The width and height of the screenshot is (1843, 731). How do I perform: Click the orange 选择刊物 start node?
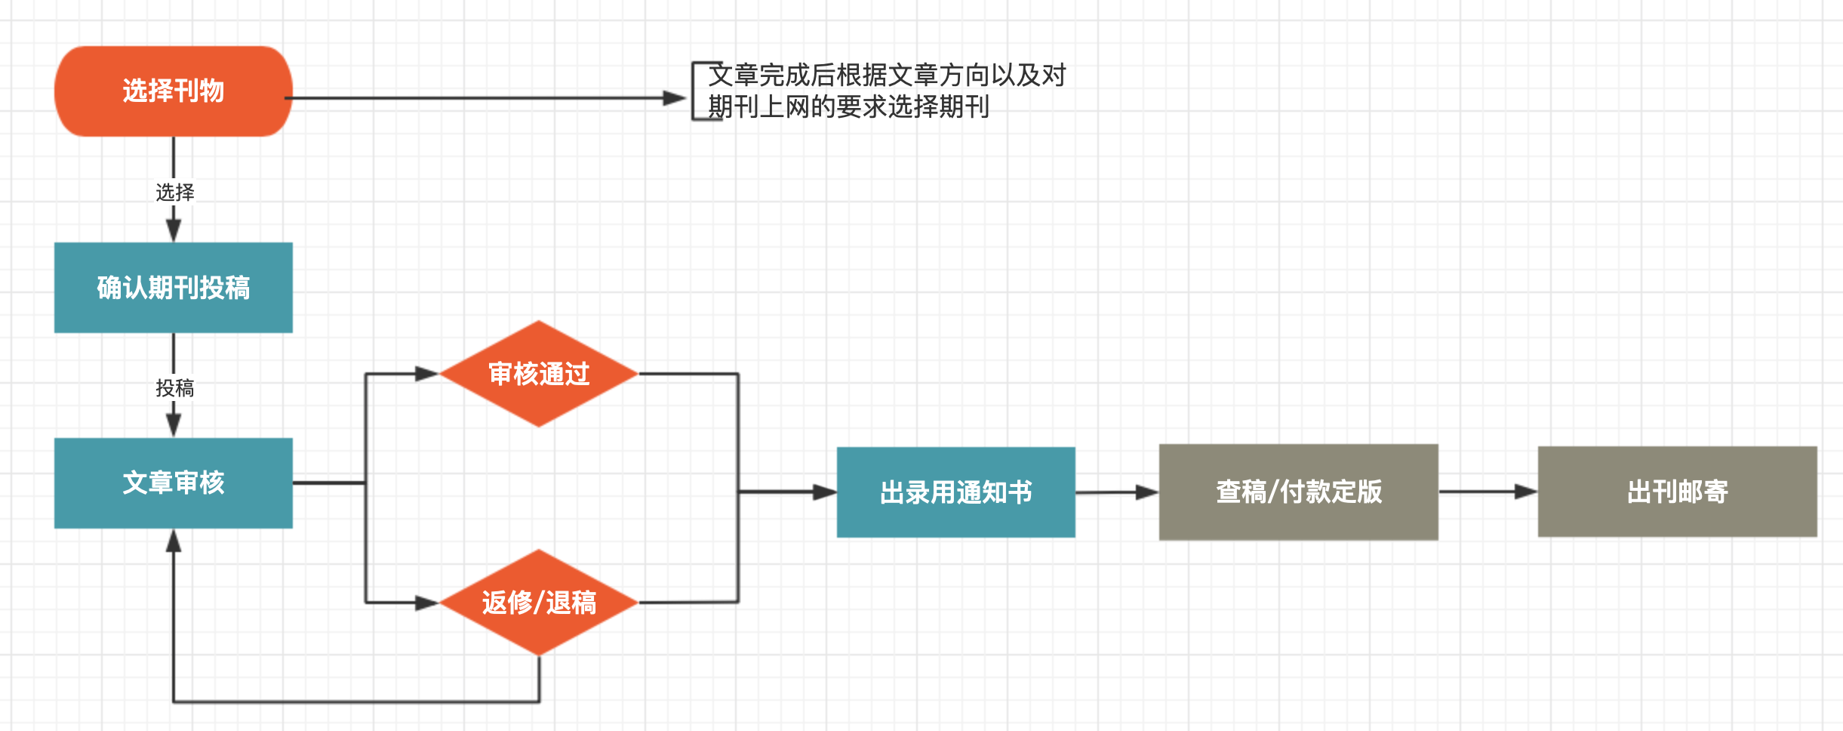pyautogui.click(x=174, y=91)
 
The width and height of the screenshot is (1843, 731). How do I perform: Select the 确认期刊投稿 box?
pyautogui.click(x=174, y=288)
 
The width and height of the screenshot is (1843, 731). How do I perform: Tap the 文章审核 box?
pyautogui.click(x=174, y=483)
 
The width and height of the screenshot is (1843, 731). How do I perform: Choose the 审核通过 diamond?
pyautogui.click(x=539, y=374)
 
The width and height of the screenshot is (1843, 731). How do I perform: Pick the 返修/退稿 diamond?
pyautogui.click(x=539, y=603)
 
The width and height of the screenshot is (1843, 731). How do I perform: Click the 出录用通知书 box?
pyautogui.click(x=955, y=492)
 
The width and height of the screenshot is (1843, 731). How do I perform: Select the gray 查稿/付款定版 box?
pyautogui.click(x=1298, y=492)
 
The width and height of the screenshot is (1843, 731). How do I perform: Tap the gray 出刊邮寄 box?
pyautogui.click(x=1677, y=492)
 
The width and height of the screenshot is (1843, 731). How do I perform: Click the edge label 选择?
pyautogui.click(x=174, y=193)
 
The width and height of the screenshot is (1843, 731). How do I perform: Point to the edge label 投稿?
pyautogui.click(x=174, y=388)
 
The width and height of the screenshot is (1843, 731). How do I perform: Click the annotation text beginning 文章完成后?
pyautogui.click(x=886, y=76)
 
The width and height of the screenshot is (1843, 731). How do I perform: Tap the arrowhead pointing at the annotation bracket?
pyautogui.click(x=674, y=98)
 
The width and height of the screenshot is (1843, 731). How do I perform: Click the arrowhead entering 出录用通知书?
pyautogui.click(x=824, y=492)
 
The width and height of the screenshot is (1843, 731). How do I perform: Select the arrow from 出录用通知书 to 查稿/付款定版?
pyautogui.click(x=1117, y=492)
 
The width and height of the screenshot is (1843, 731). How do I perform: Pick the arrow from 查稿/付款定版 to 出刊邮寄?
pyautogui.click(x=1487, y=492)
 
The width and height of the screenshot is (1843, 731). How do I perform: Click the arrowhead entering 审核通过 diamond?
pyautogui.click(x=427, y=374)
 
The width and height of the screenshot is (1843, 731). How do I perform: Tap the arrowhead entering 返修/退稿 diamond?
pyautogui.click(x=427, y=603)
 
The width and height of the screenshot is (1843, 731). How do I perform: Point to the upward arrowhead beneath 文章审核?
pyautogui.click(x=174, y=541)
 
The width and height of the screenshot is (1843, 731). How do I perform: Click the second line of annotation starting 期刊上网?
pyautogui.click(x=848, y=107)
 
